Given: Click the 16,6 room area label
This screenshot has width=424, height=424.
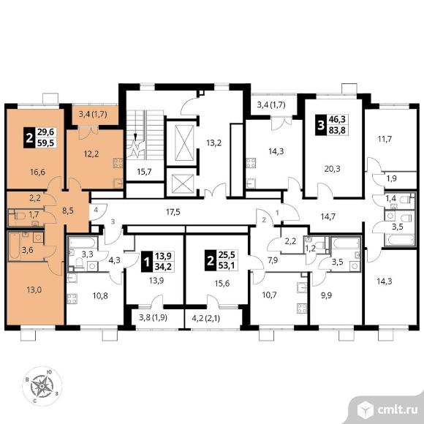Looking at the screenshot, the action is click(37, 172).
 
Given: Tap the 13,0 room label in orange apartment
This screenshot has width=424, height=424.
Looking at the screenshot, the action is click(34, 290).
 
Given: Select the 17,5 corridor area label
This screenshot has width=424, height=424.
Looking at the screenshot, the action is click(173, 212).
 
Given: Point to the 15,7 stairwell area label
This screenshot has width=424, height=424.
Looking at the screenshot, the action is click(144, 172).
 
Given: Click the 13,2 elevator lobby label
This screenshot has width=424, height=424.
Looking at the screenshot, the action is click(214, 143).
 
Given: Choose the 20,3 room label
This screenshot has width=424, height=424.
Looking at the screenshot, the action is click(333, 169).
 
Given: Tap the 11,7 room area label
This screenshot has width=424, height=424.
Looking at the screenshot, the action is click(385, 139).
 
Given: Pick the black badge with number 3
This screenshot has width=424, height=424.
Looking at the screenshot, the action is click(321, 125).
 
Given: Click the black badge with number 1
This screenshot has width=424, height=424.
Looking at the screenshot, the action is click(146, 262).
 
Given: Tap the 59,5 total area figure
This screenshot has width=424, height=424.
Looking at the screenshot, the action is click(46, 143).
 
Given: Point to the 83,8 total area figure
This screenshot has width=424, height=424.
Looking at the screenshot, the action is click(337, 130).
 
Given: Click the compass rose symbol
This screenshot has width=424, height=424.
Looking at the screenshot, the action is click(42, 386).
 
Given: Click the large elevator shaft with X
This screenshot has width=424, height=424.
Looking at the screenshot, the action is click(185, 143).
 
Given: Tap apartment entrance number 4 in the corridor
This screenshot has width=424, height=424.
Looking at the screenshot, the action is click(96, 209).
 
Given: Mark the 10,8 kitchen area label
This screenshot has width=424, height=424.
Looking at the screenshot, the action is click(100, 296).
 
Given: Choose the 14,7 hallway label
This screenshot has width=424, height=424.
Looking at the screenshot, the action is click(328, 216).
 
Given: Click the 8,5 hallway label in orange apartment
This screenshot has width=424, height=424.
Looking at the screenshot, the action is click(68, 211).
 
